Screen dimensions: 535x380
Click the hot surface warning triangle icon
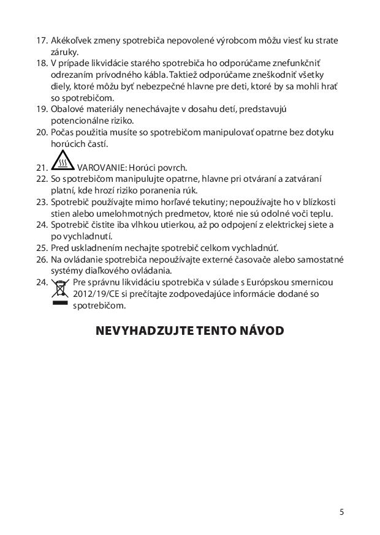[x=62, y=162]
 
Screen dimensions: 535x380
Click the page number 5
[x=341, y=511]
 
